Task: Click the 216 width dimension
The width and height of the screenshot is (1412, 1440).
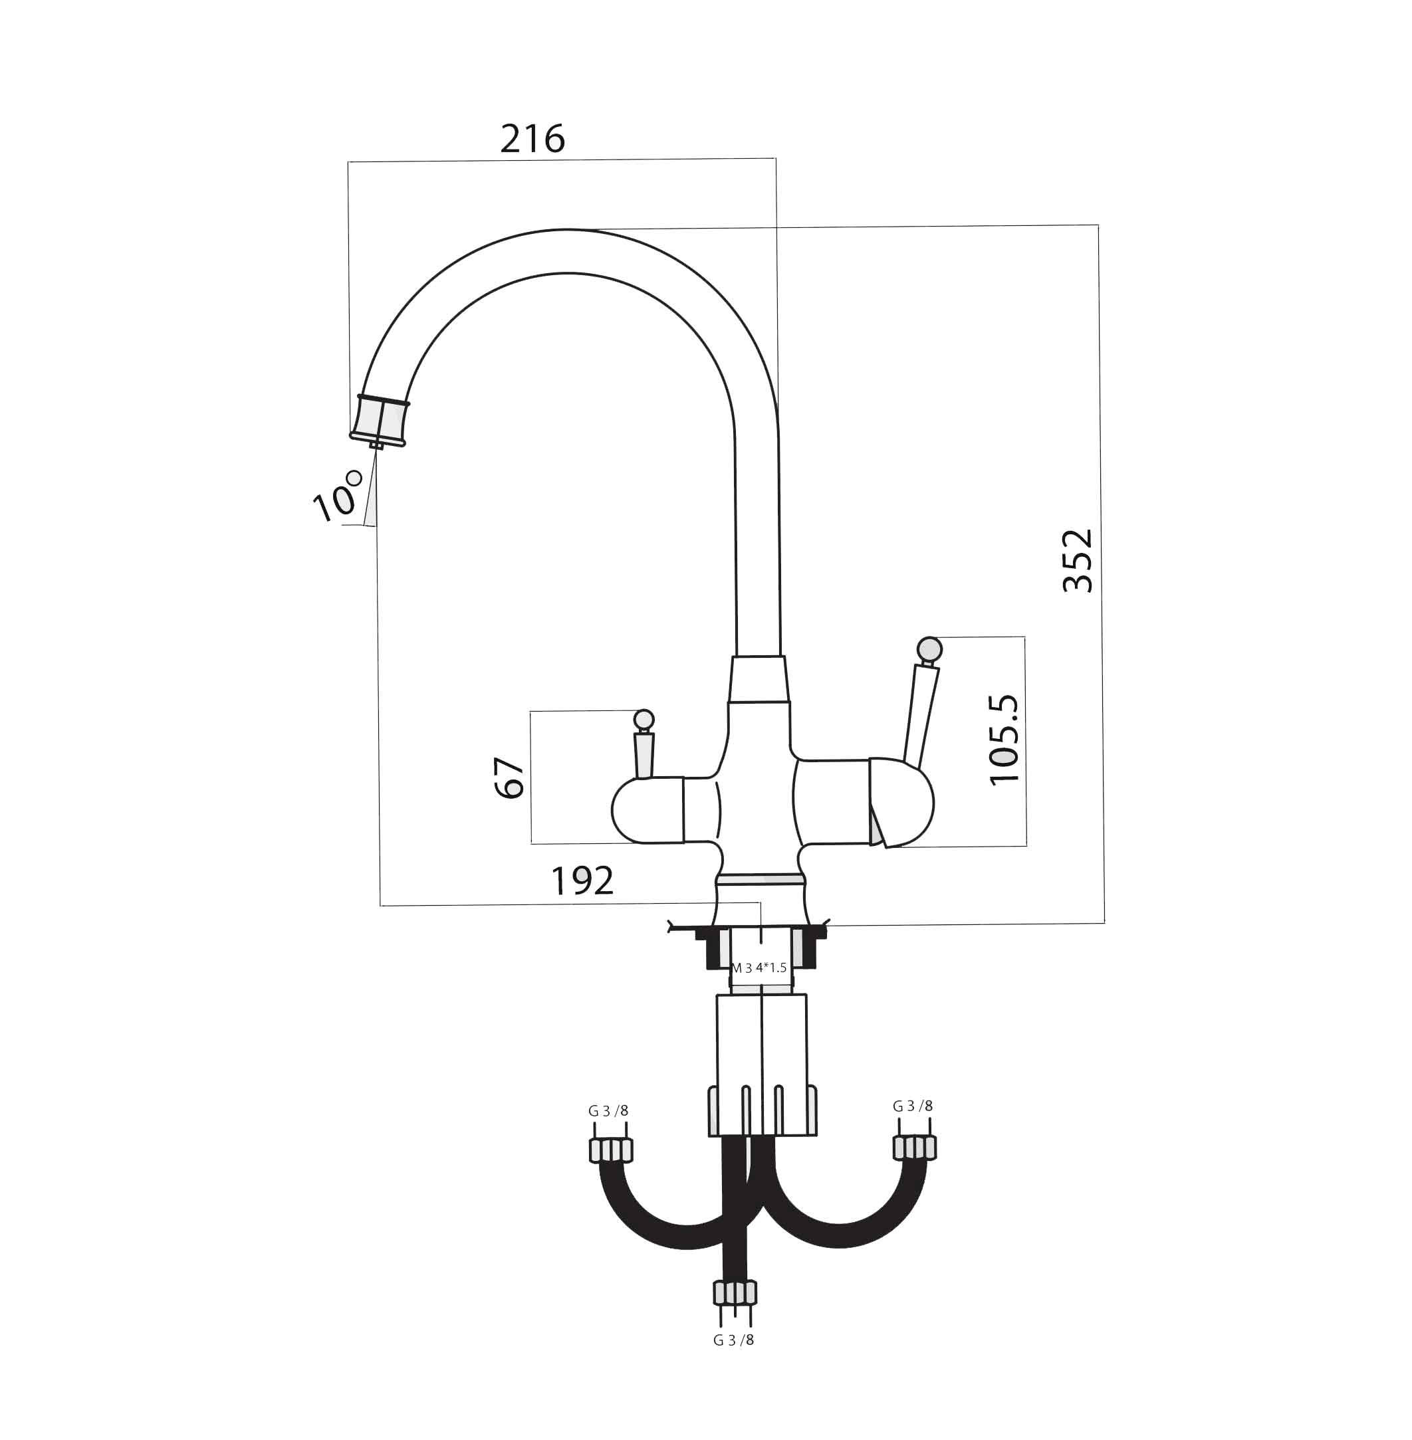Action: (532, 139)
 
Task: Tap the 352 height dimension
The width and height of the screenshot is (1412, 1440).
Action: (1078, 560)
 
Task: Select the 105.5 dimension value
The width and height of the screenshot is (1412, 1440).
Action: (1005, 739)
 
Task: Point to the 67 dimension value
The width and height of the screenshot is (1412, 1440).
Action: (509, 777)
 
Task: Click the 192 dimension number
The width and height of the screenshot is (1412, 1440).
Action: (582, 880)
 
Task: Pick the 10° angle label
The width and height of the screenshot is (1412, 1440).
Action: (338, 496)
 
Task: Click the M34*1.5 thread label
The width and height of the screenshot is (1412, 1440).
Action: (759, 968)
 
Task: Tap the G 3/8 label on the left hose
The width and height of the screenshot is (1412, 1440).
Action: (608, 1111)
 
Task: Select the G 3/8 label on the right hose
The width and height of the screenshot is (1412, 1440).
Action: (913, 1106)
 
